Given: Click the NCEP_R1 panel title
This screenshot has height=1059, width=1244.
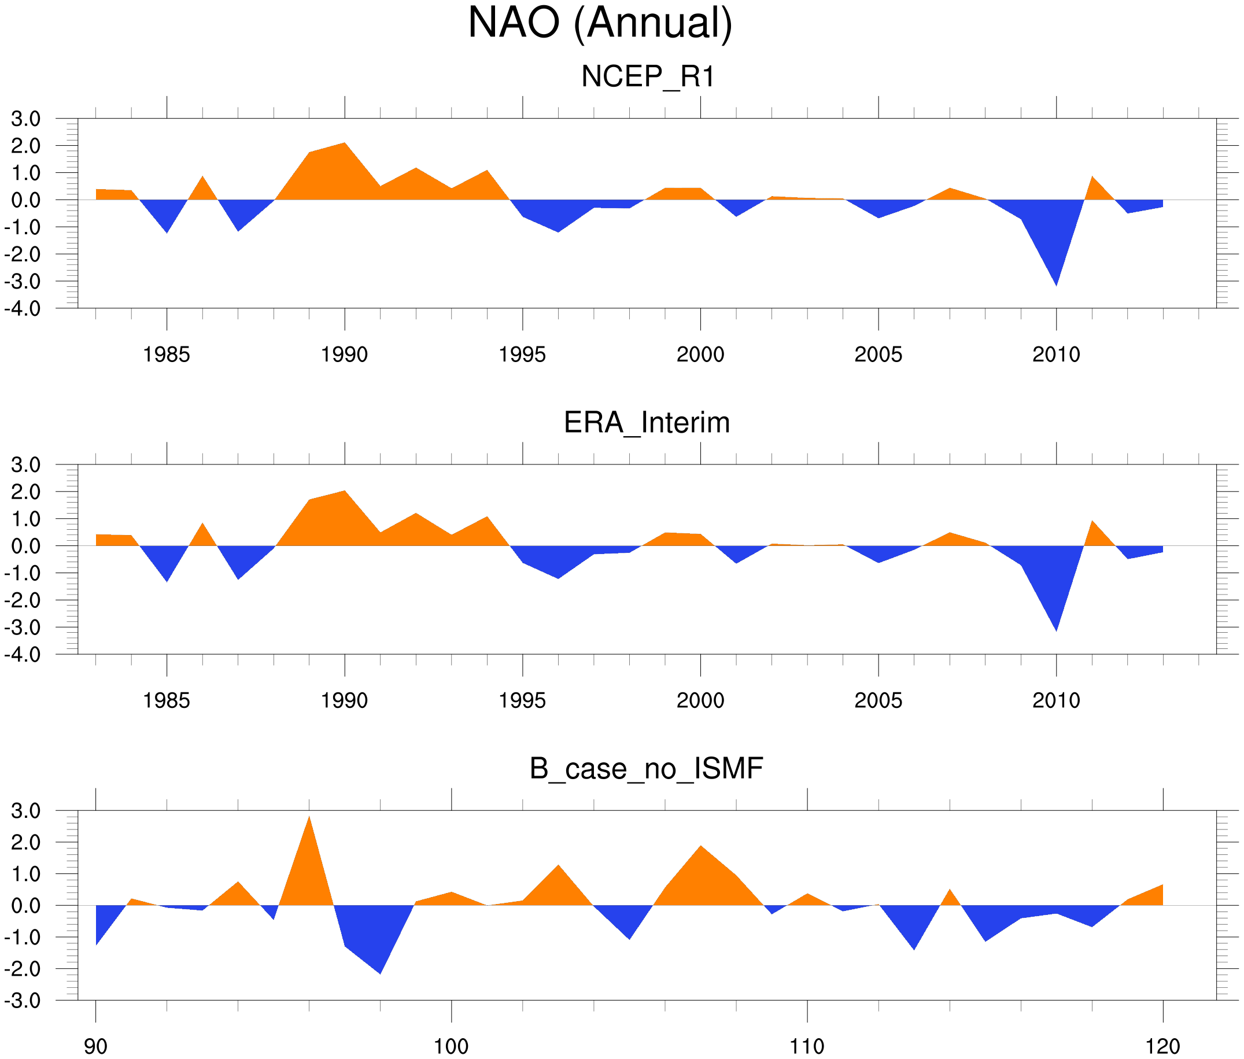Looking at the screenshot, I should (x=648, y=77).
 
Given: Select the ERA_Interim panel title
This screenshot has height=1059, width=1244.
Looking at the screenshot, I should (x=647, y=423).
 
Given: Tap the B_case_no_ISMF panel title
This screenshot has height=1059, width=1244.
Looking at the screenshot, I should (x=646, y=769).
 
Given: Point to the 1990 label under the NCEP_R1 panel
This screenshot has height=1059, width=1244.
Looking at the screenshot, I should (x=344, y=355).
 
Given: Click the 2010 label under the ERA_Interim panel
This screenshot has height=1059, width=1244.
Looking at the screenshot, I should (x=1056, y=700).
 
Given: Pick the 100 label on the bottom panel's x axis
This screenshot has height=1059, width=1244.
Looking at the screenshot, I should (x=451, y=1046).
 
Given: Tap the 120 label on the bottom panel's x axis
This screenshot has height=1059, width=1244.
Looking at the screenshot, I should (x=1163, y=1046).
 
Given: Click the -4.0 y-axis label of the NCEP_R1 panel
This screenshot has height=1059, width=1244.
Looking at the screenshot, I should (x=23, y=309).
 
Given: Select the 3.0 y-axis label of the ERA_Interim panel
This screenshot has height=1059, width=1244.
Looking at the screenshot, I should (x=26, y=464).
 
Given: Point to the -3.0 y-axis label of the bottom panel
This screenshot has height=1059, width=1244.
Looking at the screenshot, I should (x=23, y=1001).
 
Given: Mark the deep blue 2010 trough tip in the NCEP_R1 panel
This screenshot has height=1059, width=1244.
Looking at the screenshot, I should (x=1056, y=282).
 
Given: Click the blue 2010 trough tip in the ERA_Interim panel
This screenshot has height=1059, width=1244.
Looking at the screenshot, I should (x=1056, y=628).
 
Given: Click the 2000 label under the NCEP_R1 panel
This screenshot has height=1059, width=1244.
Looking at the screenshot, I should (x=700, y=355).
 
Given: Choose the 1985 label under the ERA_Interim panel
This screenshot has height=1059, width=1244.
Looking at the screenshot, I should (x=167, y=700).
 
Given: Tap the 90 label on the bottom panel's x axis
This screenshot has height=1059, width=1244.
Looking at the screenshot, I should (x=95, y=1046).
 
